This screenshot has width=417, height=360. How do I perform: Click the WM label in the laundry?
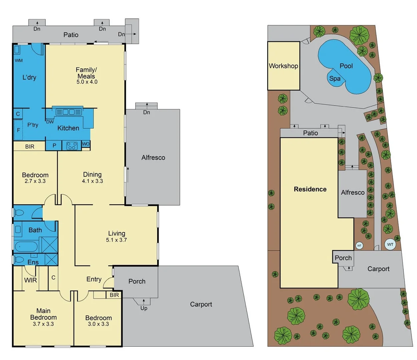19,60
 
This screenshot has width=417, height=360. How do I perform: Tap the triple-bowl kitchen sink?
68,112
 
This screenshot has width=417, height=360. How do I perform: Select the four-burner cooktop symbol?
72,146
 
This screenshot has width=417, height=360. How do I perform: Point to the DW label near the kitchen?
50,122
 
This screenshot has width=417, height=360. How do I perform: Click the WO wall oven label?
86,144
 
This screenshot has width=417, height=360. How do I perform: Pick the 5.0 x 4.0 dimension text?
87,82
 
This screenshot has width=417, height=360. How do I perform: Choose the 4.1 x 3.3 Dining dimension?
92,181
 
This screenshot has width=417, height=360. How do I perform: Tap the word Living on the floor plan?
116,233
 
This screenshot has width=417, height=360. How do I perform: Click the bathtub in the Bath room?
26,247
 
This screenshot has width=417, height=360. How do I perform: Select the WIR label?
30,280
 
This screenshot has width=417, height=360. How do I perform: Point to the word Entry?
94,279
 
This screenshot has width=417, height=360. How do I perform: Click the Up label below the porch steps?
144,308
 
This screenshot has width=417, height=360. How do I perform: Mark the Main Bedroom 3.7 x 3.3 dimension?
43,324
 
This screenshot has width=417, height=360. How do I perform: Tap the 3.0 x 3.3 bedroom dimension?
98,324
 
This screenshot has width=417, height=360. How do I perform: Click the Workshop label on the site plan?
283,66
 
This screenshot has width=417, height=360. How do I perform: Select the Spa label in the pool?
335,79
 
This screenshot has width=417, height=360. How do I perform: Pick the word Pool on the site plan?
346,66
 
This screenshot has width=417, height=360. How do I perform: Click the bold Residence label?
310,189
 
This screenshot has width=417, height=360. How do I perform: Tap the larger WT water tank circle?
390,244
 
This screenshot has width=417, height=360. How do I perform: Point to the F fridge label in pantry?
18,130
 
